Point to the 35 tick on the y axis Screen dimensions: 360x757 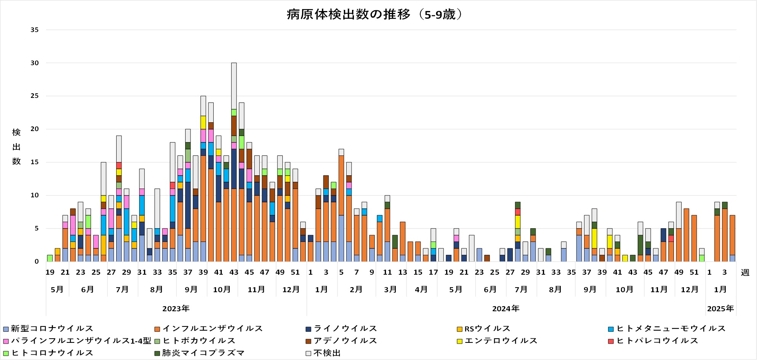coord(35,30)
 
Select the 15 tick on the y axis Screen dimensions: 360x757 coord(35,162)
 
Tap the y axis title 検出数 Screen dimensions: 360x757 coord(16,147)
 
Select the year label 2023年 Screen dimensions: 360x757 coord(176,309)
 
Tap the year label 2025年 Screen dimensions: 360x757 coord(720,309)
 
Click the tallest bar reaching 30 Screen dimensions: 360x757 coord(234,162)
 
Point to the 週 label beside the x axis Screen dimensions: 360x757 coord(745,272)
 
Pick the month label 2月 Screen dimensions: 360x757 coord(356,290)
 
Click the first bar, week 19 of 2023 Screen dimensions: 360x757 coord(50,258)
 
